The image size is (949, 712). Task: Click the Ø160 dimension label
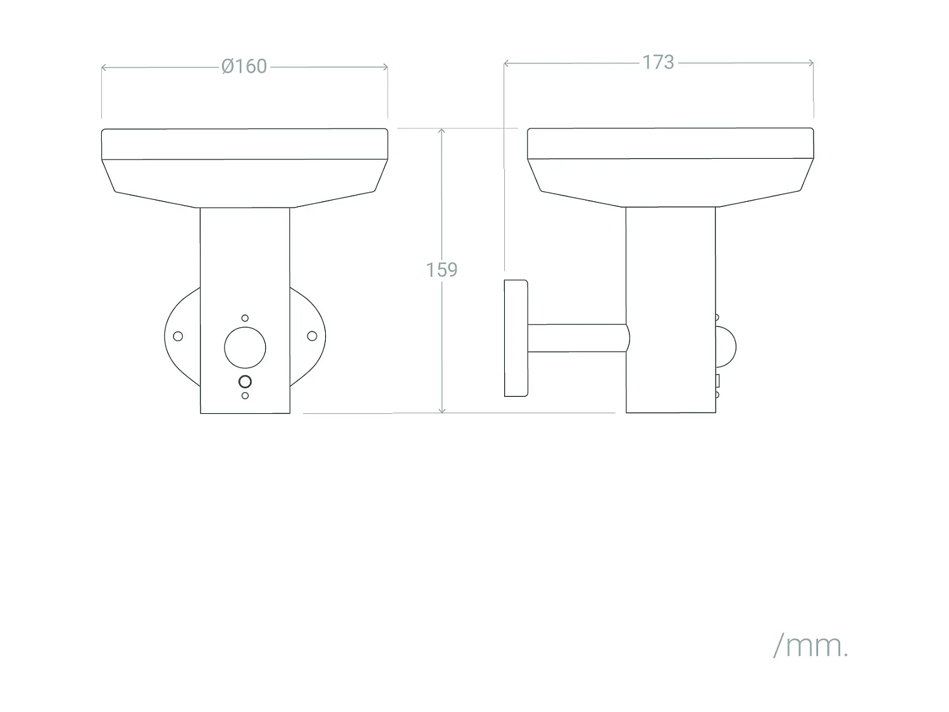(244, 66)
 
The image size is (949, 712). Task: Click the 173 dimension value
(658, 62)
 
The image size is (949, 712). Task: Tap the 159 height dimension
(441, 270)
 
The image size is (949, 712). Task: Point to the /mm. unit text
(810, 646)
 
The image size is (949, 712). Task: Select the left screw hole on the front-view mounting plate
(178, 336)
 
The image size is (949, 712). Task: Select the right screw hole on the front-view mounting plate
(312, 336)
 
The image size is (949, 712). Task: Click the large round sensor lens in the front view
(245, 347)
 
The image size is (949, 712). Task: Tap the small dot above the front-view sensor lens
(245, 318)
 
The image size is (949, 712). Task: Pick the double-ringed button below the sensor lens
(245, 382)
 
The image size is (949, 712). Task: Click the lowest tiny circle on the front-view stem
(245, 396)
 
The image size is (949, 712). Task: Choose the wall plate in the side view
(516, 338)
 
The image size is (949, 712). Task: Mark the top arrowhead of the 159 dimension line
(442, 132)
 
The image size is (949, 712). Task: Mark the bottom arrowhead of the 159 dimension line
(442, 410)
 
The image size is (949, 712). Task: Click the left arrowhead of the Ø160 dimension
(104, 66)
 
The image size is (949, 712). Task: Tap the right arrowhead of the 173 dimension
(810, 63)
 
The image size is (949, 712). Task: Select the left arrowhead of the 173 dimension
(507, 63)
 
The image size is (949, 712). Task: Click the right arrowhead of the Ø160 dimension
(385, 66)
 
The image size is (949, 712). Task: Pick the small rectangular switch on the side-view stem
(717, 380)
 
